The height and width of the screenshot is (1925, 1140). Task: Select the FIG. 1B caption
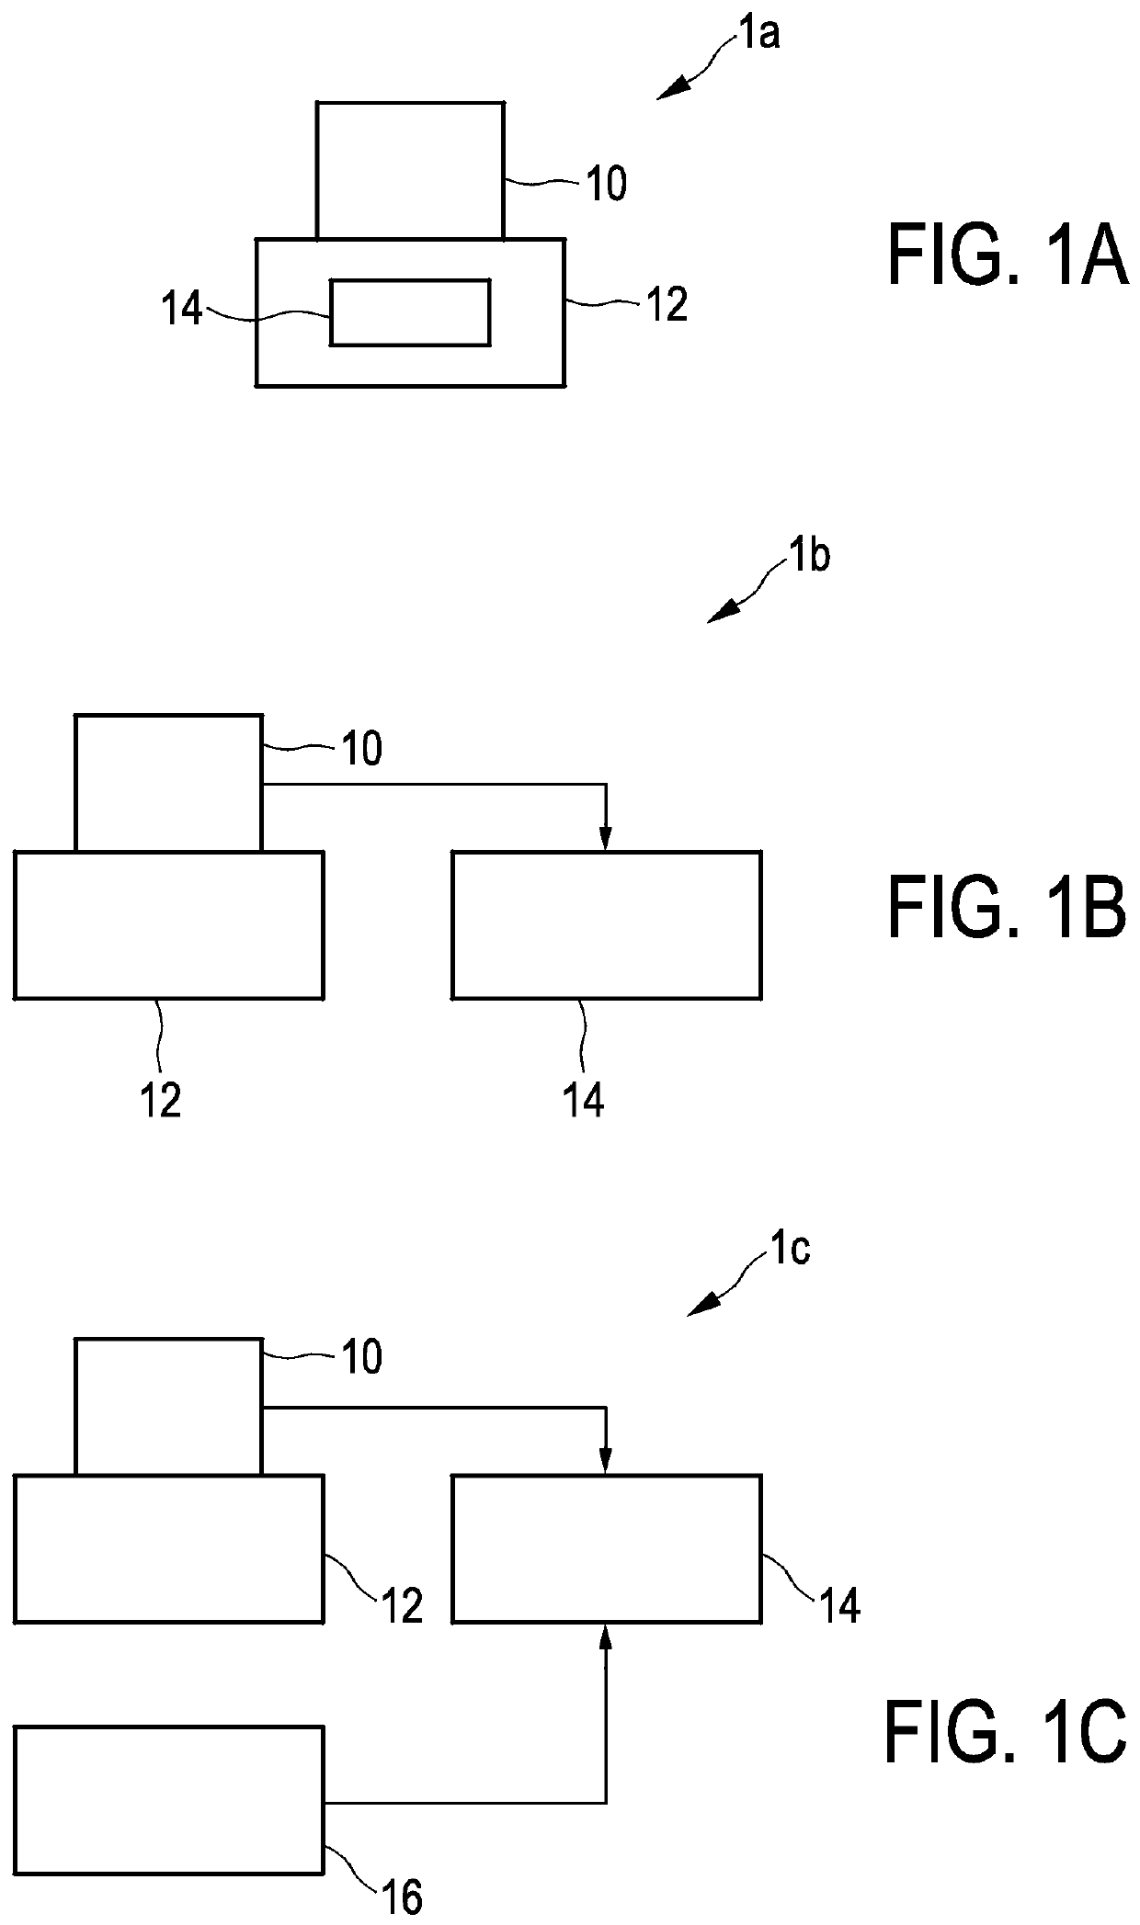coord(1008,908)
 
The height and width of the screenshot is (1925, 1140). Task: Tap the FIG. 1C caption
coord(1006,1732)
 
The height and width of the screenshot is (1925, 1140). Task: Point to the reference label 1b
coord(808,558)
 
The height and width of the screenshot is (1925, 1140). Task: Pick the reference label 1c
coord(789,1251)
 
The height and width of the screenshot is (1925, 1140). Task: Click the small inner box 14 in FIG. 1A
coord(410,313)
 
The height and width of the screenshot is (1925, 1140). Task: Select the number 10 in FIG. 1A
coord(606,185)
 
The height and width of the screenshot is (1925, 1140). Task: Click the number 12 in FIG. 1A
coord(667,305)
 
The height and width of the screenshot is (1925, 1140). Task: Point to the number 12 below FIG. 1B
coord(161,1099)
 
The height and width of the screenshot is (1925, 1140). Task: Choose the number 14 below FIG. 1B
coord(583,1099)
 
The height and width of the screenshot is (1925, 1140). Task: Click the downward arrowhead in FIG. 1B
coord(605,839)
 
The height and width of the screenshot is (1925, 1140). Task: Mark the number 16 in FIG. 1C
coord(401,1895)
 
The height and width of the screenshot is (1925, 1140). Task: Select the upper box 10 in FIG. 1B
coord(168,783)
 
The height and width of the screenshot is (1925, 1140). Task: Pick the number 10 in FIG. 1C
coord(362,1357)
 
